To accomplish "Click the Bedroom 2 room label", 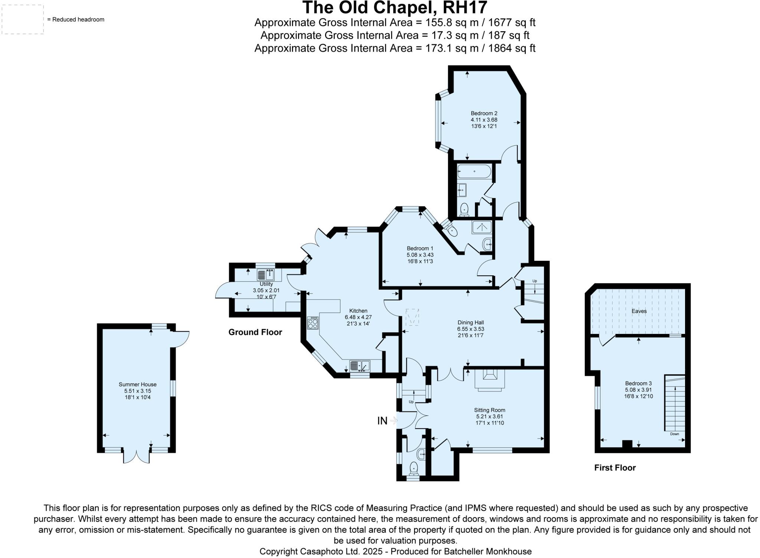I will click(484, 114).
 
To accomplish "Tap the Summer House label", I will click(137, 385).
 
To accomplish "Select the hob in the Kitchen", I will click(313, 323).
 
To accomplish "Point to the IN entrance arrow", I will click(393, 420).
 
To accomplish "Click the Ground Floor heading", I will click(255, 332).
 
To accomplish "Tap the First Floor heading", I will click(615, 468).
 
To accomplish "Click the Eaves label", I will click(639, 311).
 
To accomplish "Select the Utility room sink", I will click(266, 275).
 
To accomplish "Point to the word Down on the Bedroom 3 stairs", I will click(674, 434).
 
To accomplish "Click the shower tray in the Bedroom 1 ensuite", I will click(482, 227).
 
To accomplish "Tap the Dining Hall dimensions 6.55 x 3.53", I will click(471, 329).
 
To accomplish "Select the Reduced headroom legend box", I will click(23, 20).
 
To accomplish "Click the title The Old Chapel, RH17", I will click(394, 7).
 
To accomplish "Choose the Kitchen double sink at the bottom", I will click(360, 366).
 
